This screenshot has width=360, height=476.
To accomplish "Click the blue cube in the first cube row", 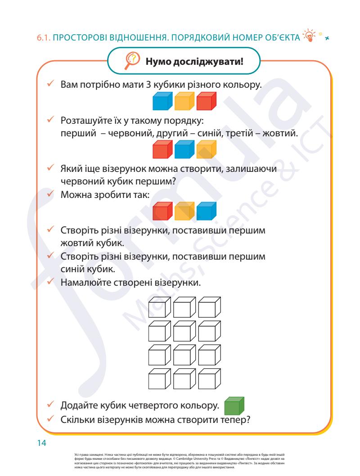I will coord(162,102).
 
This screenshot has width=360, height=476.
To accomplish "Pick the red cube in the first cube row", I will coord(207,102).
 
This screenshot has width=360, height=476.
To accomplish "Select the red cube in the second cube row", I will coord(162,150).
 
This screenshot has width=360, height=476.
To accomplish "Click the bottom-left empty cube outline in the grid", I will coord(160,379).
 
